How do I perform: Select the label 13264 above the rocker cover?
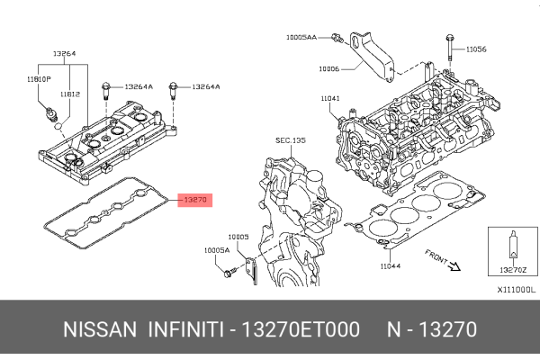[63, 53]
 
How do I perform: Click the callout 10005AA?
[301, 37]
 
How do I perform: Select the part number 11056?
[475, 49]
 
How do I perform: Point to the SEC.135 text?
[291, 140]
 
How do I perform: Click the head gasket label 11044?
[390, 266]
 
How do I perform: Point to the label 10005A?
[216, 251]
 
